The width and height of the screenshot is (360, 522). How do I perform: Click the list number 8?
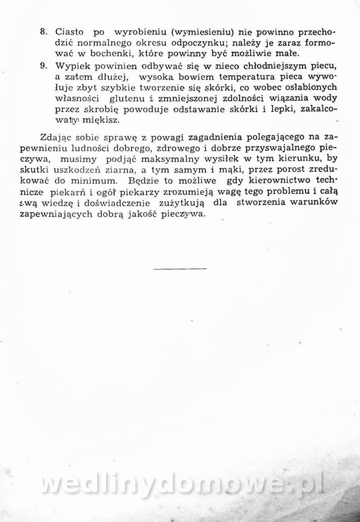pyautogui.click(x=44, y=32)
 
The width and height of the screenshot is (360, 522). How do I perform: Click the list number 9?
pyautogui.click(x=44, y=66)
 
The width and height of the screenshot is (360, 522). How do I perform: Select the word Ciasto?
pyautogui.click(x=69, y=32)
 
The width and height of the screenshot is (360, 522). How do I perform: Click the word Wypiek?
pyautogui.click(x=70, y=66)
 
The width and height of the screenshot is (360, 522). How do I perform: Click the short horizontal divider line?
pyautogui.click(x=180, y=269)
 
